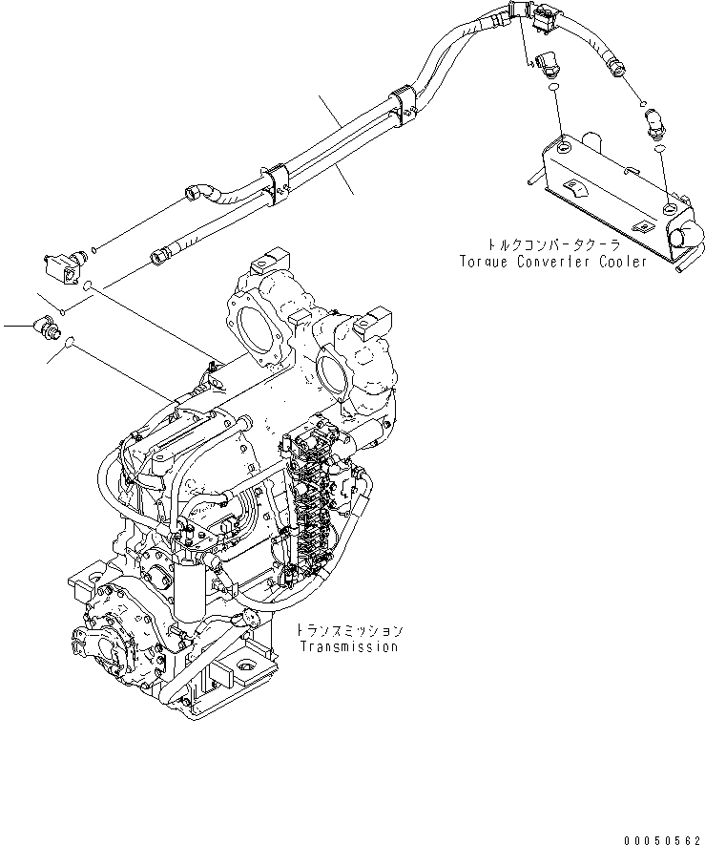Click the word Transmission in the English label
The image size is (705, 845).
pos(348,647)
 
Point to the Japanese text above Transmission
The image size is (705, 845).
pos(348,631)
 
